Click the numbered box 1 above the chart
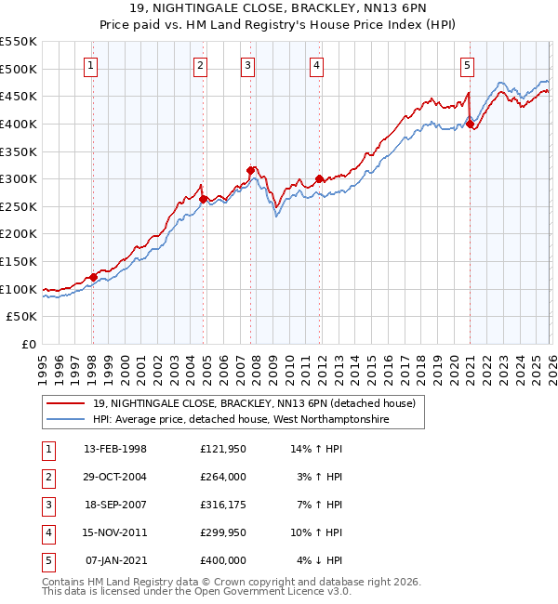pyautogui.click(x=91, y=65)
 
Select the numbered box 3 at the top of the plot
pyautogui.click(x=248, y=65)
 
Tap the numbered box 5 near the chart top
pyautogui.click(x=467, y=65)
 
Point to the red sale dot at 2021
pyautogui.click(x=470, y=124)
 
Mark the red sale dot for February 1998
pyautogui.click(x=93, y=277)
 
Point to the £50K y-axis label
pyautogui.click(x=22, y=317)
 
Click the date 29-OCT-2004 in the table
pyautogui.click(x=115, y=476)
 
